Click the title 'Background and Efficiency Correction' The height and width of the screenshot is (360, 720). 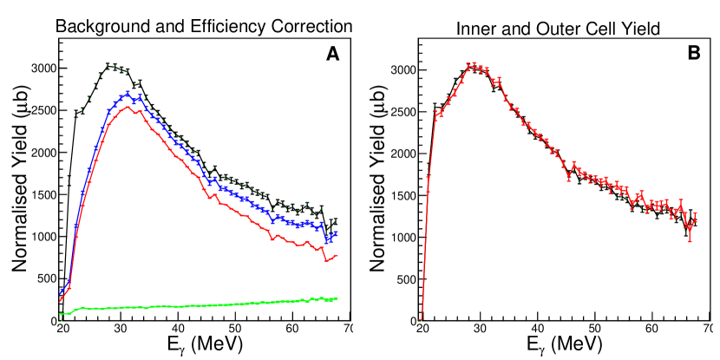point(204,26)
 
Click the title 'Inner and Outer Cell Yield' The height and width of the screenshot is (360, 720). point(559,29)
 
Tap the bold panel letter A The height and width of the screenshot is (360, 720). point(332,55)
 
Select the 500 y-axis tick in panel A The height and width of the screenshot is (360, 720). point(43,278)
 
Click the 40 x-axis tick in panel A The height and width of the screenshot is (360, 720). point(176,329)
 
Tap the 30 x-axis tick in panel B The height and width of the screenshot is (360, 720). point(480,330)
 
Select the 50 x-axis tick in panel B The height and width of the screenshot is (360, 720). point(595,330)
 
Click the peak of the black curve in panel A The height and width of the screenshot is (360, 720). point(110,65)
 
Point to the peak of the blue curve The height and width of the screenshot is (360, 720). point(127,94)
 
